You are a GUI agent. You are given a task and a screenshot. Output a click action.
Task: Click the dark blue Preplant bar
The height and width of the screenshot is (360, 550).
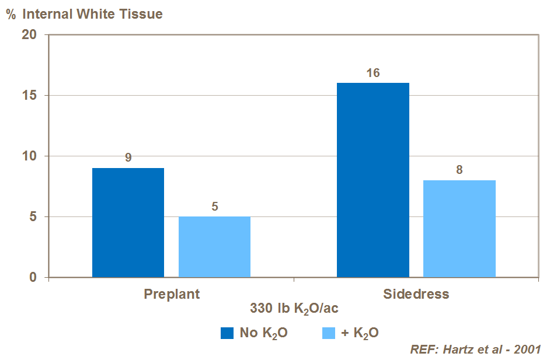point(128,222)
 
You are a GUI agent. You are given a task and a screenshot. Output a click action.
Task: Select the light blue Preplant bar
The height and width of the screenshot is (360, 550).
point(214,247)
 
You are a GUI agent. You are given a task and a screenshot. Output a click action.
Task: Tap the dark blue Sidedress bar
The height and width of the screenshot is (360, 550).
point(373,180)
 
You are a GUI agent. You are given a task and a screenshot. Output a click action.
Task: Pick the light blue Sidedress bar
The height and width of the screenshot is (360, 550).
point(459,229)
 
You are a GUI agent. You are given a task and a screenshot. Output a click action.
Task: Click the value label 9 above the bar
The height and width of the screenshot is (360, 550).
point(128,157)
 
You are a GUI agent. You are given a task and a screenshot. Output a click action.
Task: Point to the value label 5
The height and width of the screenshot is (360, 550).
point(214,206)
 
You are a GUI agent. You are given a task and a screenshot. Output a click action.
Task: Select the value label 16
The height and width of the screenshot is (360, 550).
point(373,73)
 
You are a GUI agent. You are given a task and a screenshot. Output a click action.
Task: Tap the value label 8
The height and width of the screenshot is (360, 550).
point(459,170)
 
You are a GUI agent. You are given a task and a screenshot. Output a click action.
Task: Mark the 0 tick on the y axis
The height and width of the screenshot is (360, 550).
point(34,277)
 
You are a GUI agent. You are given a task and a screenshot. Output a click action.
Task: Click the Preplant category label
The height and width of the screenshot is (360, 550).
point(172,293)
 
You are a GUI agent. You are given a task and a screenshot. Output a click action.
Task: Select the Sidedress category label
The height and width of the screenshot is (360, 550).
point(416,293)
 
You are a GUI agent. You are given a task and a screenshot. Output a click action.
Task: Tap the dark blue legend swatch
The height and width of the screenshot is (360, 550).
point(227,333)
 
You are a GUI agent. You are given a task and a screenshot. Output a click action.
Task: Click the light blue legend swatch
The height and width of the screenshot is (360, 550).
point(329,333)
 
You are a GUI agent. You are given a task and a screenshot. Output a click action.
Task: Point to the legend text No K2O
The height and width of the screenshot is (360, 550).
point(263,334)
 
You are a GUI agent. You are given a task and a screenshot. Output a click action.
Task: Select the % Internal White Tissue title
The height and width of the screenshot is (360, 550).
point(84,14)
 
